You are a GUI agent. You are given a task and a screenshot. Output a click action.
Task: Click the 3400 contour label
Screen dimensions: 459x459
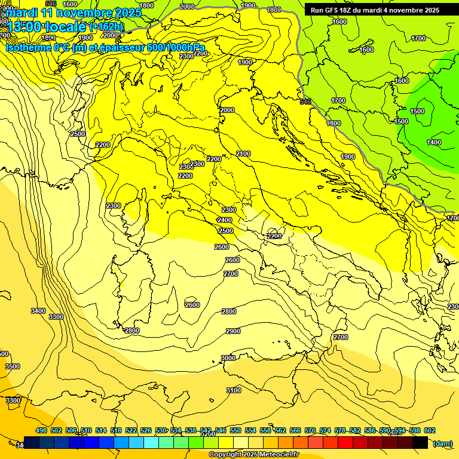[38, 311]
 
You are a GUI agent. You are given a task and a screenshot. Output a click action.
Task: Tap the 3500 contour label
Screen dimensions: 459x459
[12, 366]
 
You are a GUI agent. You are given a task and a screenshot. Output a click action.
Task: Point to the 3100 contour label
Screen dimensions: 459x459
[233, 390]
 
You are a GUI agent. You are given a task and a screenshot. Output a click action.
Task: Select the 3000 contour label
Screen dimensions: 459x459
[228, 358]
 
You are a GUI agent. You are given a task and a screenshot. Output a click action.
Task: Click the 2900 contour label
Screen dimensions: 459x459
[233, 331]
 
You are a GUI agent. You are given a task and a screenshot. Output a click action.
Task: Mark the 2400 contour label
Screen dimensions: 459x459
[225, 220]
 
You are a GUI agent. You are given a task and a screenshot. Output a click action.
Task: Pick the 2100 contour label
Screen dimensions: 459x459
[243, 154]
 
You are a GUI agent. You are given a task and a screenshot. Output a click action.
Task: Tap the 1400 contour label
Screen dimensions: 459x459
[434, 142]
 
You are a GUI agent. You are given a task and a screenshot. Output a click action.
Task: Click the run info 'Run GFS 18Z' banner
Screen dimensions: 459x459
[375, 10]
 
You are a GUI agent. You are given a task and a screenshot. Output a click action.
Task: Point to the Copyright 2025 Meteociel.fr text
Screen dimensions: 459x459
[253, 455]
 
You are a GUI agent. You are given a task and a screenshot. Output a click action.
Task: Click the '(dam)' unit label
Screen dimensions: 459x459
[442, 443]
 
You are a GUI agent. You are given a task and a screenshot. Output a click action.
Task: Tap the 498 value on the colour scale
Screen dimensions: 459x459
[41, 430]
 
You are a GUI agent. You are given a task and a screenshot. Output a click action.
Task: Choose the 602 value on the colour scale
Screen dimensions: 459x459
[430, 430]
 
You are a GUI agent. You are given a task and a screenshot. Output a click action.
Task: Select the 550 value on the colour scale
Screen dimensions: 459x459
[235, 430]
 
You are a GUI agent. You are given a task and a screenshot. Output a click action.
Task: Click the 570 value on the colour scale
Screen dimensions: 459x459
[310, 430]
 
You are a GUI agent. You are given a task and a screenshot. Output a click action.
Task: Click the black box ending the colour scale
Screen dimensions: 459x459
[420, 442]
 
